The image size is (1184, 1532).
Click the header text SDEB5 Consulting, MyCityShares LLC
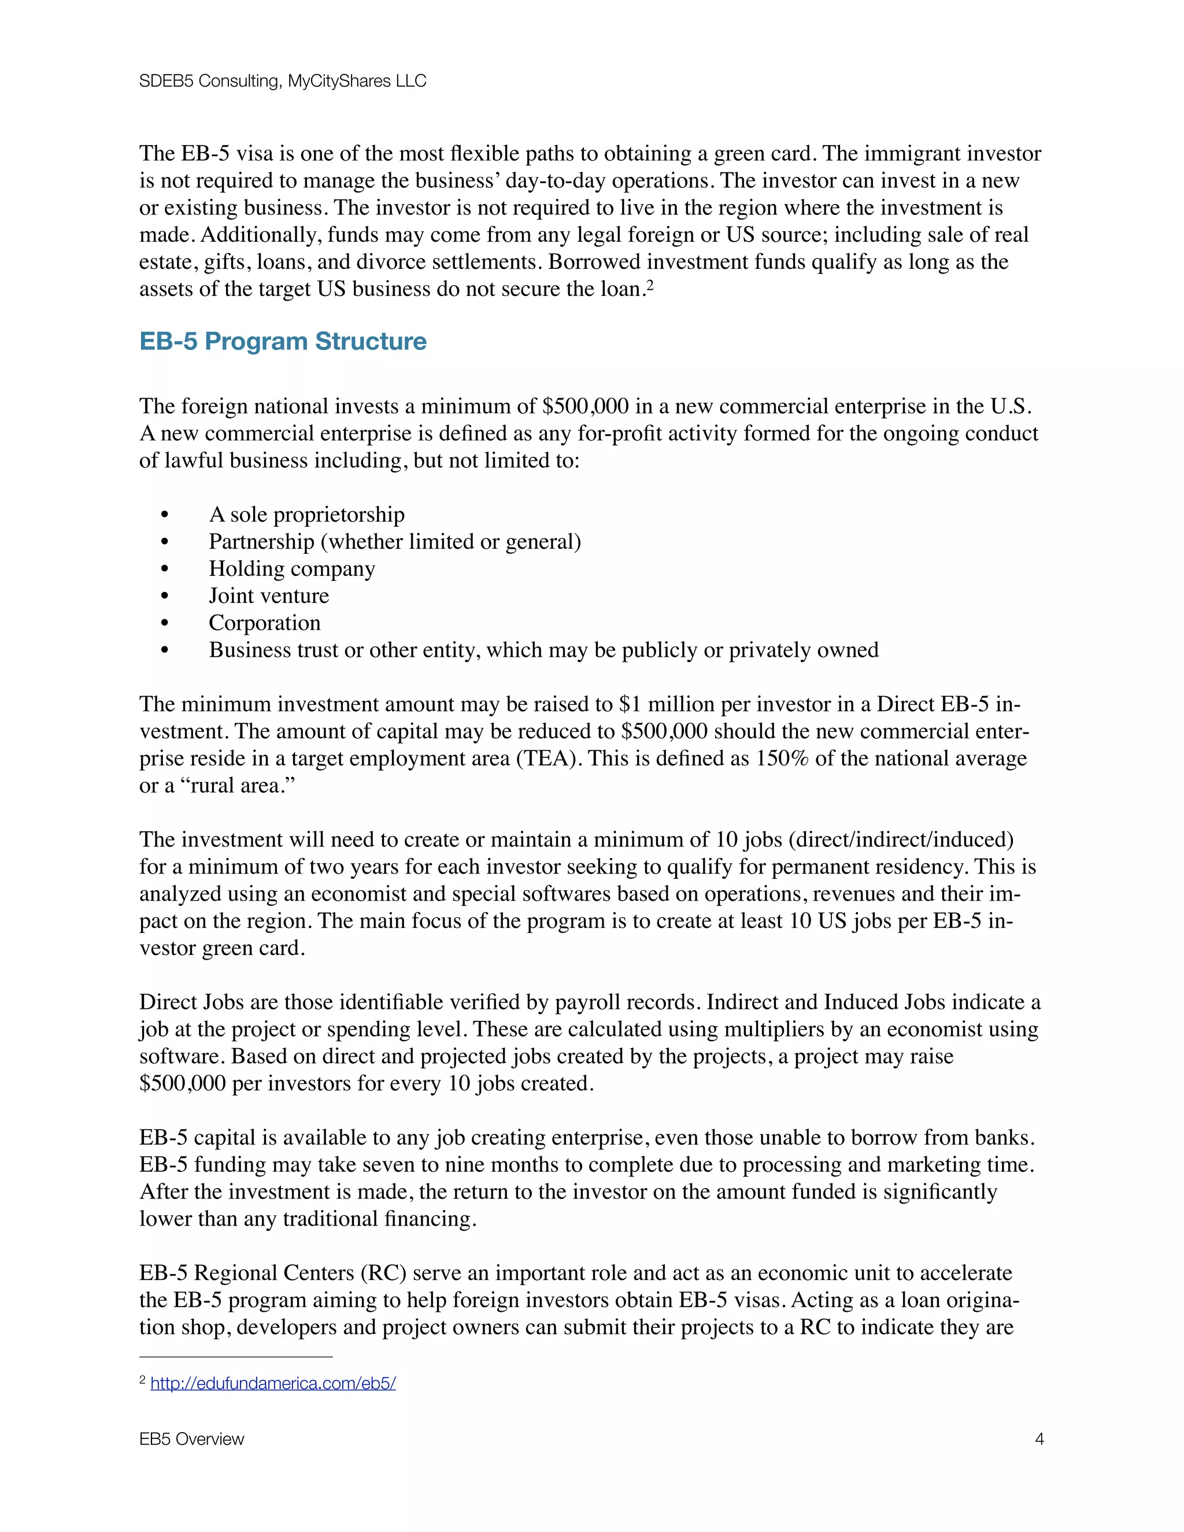pos(282,82)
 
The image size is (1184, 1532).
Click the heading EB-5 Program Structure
pos(283,341)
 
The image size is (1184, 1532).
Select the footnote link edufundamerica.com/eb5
pos(273,1383)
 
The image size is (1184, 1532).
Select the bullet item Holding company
pos(292,568)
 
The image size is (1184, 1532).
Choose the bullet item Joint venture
pos(269,595)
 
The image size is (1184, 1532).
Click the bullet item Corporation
pos(264,623)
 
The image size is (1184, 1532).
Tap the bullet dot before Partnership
pos(165,542)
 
